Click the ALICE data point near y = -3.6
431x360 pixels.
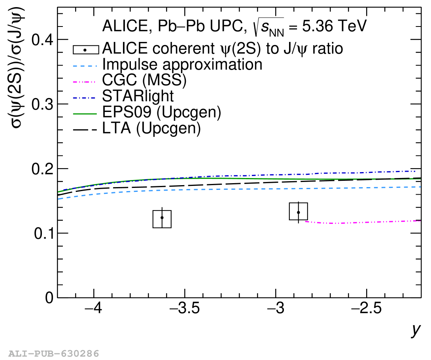pos(162,218)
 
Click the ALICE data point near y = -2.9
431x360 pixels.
pos(298,212)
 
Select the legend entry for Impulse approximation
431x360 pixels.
pos(182,64)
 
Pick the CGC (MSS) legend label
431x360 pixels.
pos(144,80)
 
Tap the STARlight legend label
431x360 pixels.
pos(138,96)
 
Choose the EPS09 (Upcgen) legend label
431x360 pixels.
pos(162,112)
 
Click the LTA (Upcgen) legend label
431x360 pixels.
pos(151,128)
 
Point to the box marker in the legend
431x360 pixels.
pos(86,50)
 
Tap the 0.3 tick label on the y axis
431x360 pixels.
pos(42,104)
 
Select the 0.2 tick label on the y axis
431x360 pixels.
pos(42,169)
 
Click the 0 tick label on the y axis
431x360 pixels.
pos(49,298)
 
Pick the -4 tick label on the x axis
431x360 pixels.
pos(93,308)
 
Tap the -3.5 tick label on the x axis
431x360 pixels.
pos(185,308)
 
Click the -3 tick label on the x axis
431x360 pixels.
pos(276,308)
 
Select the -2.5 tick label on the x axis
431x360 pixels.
pos(367,308)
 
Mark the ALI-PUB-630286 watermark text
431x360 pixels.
pos(54,353)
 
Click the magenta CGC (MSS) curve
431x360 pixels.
pos(363,222)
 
